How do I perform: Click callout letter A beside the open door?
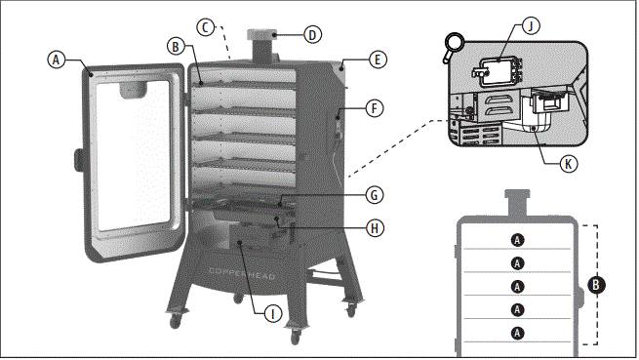point(58,60)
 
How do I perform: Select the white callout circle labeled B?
point(175,46)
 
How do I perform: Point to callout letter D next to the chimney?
point(311,35)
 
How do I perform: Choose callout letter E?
point(377,60)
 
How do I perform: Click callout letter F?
point(375,107)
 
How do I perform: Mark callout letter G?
point(373,195)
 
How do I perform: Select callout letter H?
point(374,230)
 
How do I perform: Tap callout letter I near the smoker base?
point(273,312)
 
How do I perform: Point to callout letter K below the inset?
point(569,164)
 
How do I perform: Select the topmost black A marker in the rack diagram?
point(517,239)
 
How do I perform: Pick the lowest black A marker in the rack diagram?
point(517,333)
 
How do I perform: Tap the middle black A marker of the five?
point(517,286)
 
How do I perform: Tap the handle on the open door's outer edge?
point(76,157)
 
